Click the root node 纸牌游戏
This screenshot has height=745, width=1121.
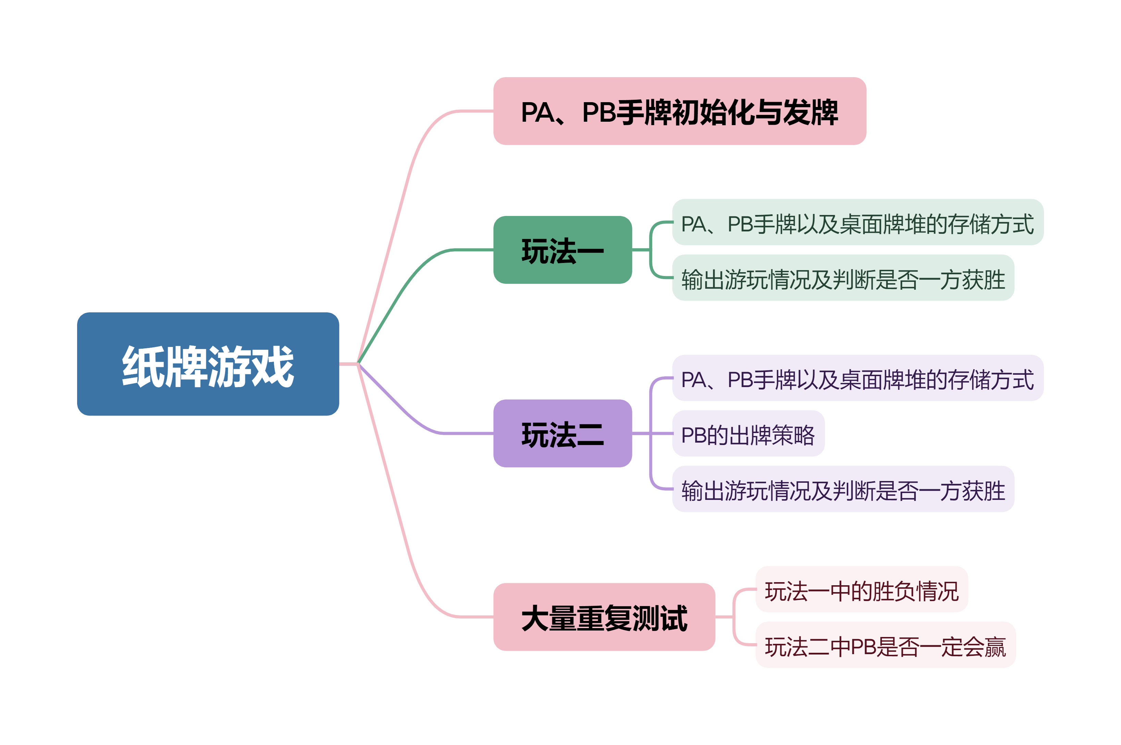pos(208,364)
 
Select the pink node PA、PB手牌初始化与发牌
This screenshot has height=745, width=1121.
pos(680,111)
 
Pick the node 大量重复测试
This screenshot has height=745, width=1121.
pos(604,617)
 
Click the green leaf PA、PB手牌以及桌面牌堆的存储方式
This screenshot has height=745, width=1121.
pos(857,223)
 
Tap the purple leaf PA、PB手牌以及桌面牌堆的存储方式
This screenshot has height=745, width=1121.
pos(857,378)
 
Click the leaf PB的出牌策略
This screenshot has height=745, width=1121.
pos(748,433)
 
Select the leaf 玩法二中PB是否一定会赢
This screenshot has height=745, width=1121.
pos(885,645)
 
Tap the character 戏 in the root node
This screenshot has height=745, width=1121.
pos(273,366)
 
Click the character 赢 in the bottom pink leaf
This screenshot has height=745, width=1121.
pos(994,646)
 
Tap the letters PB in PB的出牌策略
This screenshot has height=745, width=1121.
pos(693,435)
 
